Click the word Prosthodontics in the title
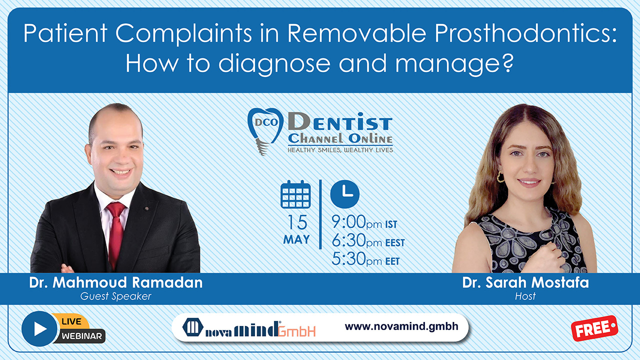pos(525,33)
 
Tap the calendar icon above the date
pos(295,194)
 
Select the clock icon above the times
pos(345,194)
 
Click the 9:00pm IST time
pos(364,222)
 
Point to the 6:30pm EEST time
pos(368,240)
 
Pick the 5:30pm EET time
pos(365,259)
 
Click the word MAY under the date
pos(296,239)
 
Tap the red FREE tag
pos(594,328)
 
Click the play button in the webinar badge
pos(39,329)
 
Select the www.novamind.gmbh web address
pos(401,326)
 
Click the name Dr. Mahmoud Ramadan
pos(115,282)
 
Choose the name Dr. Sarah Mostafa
pos(525,282)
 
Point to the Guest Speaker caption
pos(115,296)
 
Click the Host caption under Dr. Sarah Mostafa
pos(525,296)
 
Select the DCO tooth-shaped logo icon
pos(265,130)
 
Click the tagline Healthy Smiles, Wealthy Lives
pos(340,150)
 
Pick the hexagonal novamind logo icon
pos(193,327)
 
